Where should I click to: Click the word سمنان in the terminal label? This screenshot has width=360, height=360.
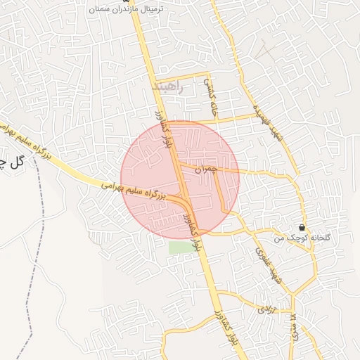(102, 11)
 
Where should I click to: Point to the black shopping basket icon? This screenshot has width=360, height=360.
(302, 227)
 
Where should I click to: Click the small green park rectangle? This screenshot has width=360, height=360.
(180, 247)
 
